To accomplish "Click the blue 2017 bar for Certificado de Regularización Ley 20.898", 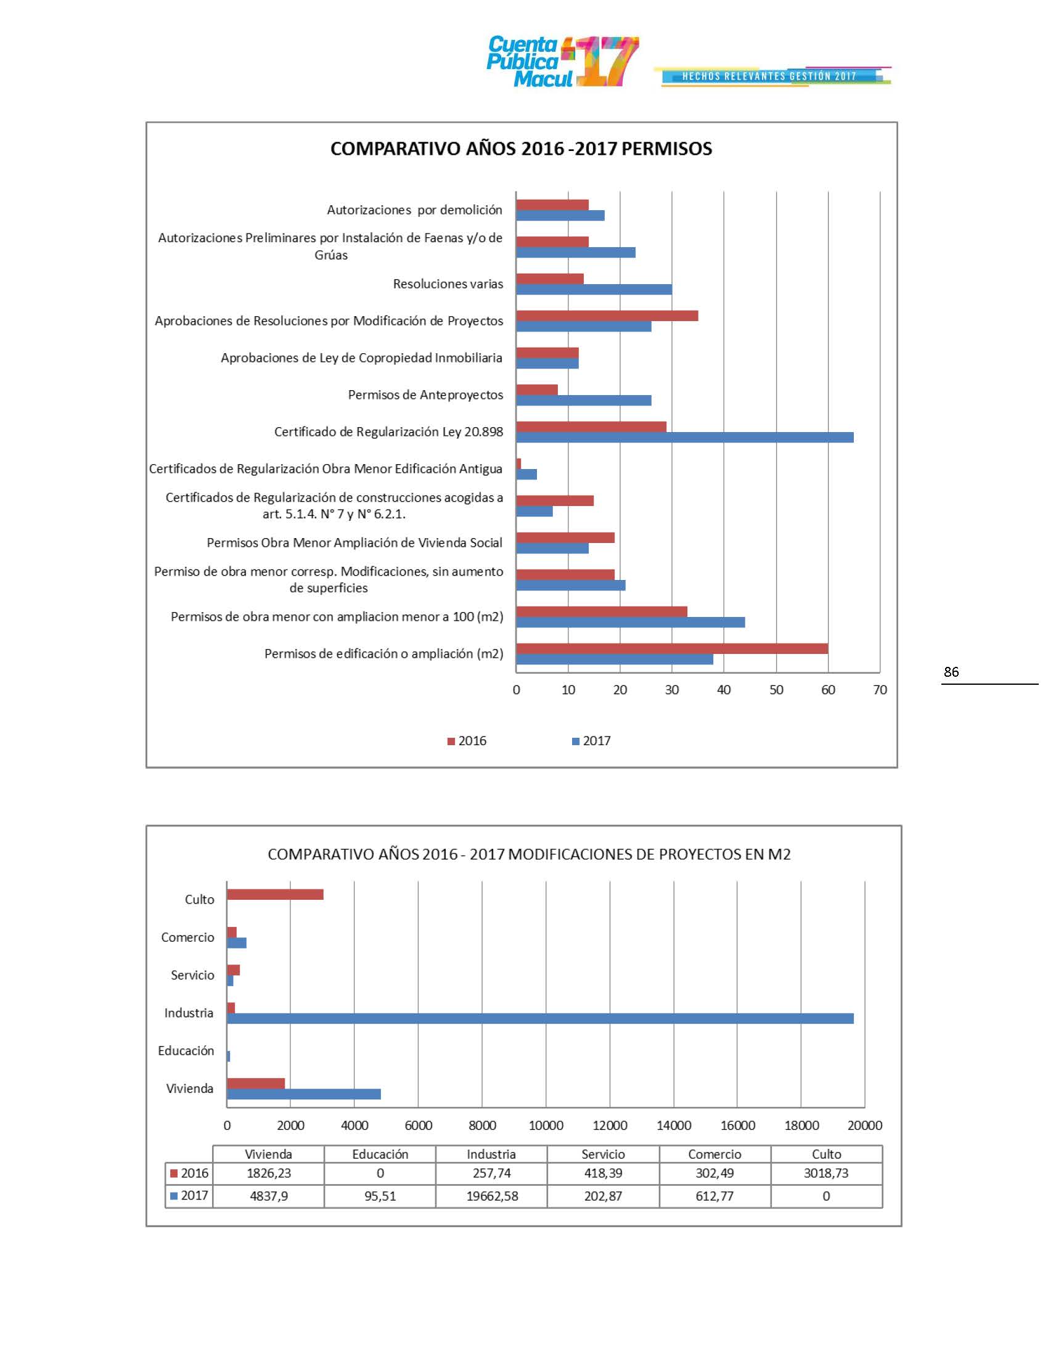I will [x=684, y=437].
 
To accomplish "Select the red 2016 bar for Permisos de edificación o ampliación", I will [x=672, y=648].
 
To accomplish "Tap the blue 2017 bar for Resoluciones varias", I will [x=594, y=289].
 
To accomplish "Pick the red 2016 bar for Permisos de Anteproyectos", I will [x=537, y=390].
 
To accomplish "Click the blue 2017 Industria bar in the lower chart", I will [x=540, y=1018].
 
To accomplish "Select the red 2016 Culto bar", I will [x=275, y=894].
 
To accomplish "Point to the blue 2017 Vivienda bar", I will [x=303, y=1094].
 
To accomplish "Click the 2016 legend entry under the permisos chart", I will [x=467, y=741].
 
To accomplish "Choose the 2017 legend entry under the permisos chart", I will [x=591, y=741].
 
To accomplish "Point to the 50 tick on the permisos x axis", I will [x=776, y=690].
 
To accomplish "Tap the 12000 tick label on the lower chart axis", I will [x=610, y=1125].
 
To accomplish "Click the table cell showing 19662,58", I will [x=492, y=1196].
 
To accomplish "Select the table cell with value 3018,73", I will [x=825, y=1173].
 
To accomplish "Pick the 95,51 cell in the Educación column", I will [x=380, y=1196].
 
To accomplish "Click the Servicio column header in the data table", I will [x=603, y=1154].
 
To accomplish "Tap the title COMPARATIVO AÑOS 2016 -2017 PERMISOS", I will [x=521, y=149].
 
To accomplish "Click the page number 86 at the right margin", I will [x=951, y=672].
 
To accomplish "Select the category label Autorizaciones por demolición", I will [x=414, y=210].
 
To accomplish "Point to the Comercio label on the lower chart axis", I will [x=187, y=937].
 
